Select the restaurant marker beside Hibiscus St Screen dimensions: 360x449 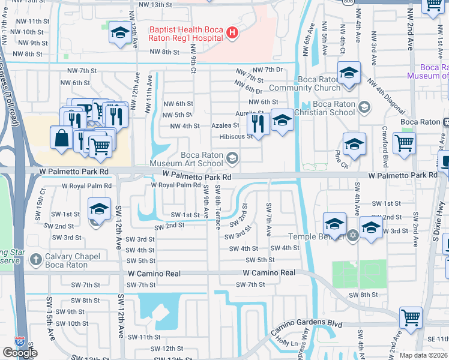(258, 124)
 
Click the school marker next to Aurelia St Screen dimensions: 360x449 (282, 120)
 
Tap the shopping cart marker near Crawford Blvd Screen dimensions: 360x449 (404, 144)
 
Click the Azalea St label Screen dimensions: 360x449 (225, 126)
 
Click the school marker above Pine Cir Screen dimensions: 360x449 (354, 144)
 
